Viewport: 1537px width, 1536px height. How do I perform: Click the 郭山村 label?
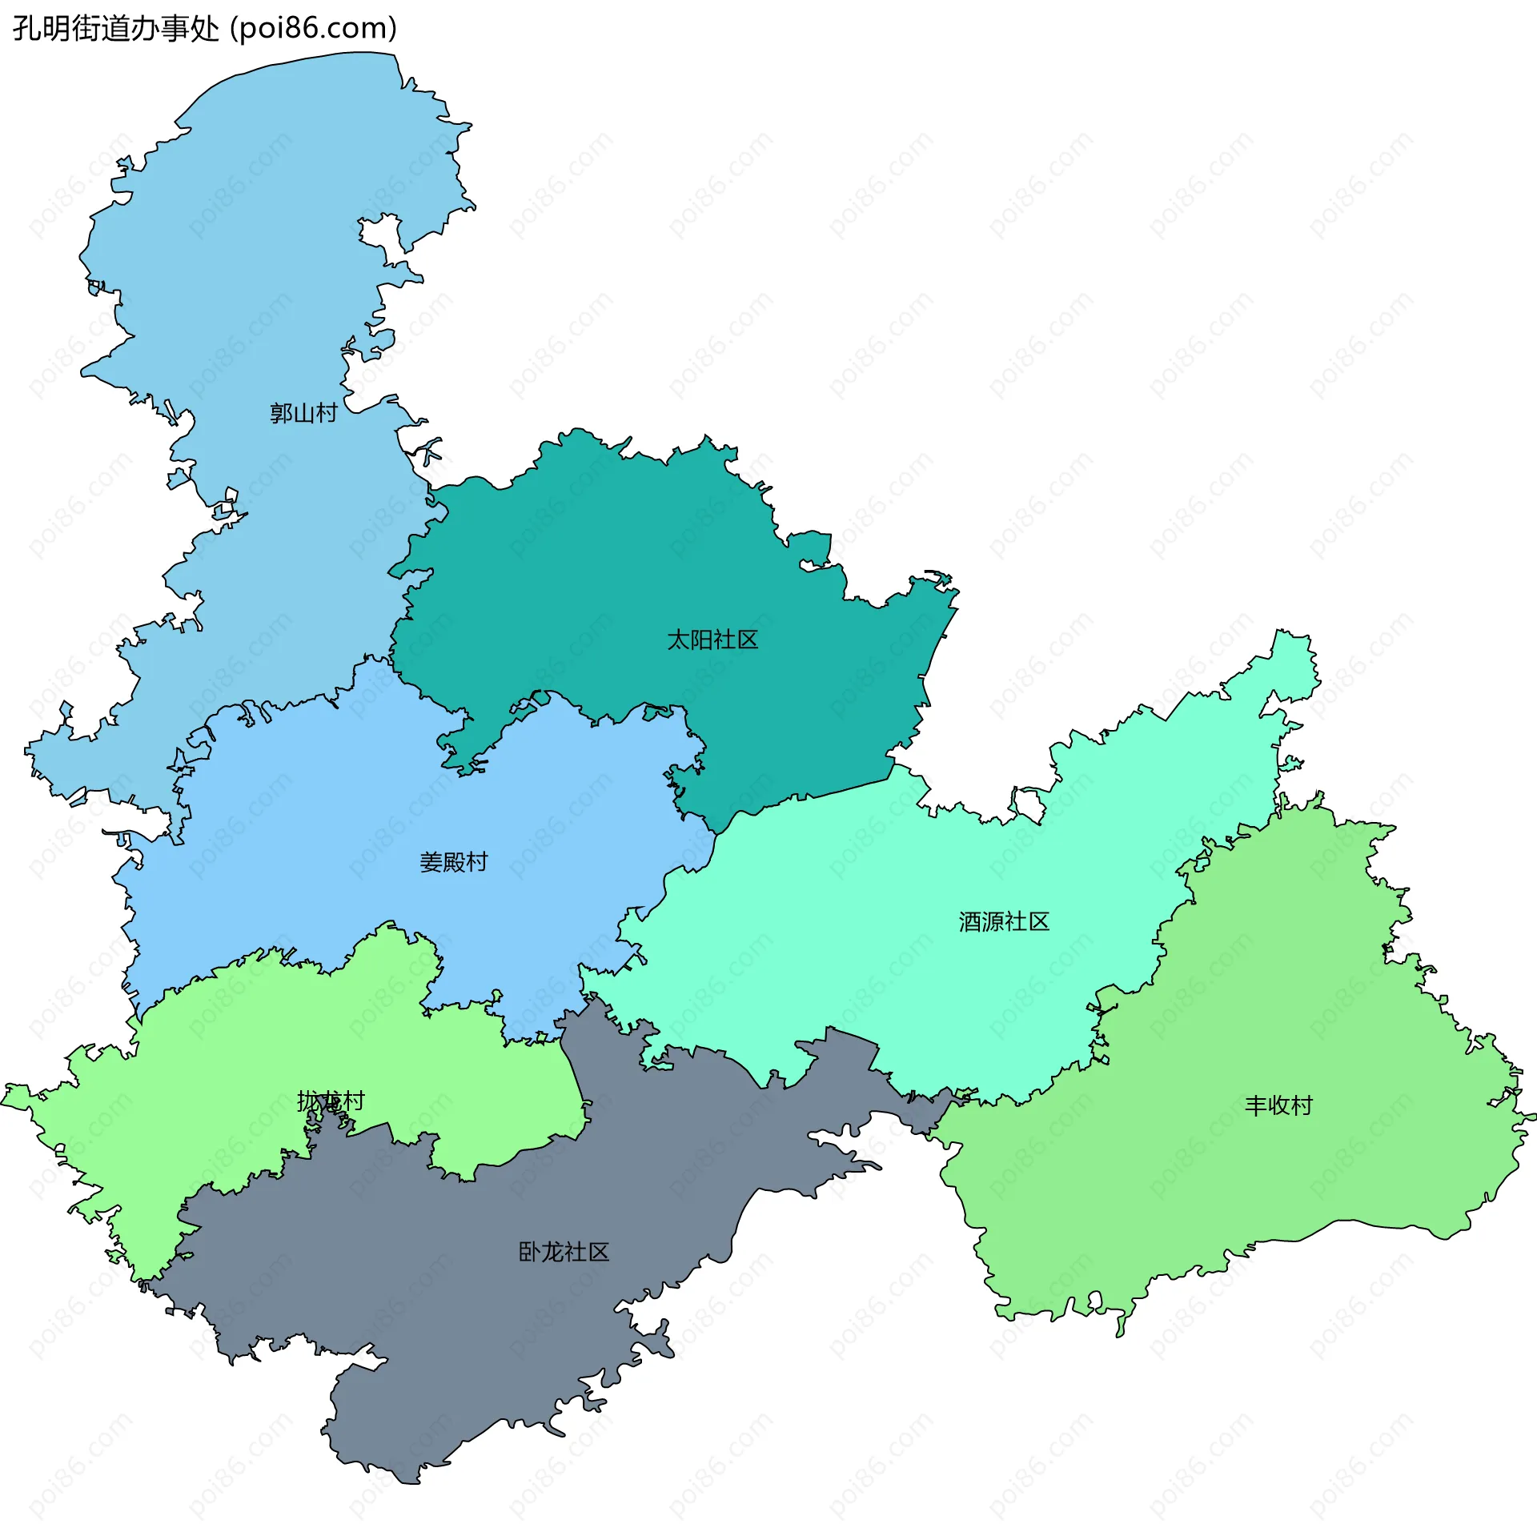point(303,413)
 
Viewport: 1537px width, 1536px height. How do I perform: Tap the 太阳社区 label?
point(712,640)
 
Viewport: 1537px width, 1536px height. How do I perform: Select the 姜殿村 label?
point(453,862)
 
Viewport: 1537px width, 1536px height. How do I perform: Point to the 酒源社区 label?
point(1004,922)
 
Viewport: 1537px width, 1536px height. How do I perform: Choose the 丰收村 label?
point(1278,1105)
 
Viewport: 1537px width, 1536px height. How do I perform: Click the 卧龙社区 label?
point(564,1252)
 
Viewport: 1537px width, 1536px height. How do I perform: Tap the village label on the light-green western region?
point(331,1101)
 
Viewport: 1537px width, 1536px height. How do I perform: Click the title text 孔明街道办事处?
point(116,29)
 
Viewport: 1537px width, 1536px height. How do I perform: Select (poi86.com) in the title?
point(314,29)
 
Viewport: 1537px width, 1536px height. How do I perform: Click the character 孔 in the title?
point(26,29)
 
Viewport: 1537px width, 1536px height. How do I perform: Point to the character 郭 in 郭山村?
point(281,413)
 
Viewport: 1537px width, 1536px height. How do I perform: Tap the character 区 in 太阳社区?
point(747,640)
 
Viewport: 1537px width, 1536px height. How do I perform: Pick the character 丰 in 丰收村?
point(1256,1105)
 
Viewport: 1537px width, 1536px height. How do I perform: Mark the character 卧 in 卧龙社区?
point(530,1252)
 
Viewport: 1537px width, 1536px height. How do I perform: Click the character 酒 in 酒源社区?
point(970,922)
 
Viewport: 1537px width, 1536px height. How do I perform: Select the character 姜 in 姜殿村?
point(431,862)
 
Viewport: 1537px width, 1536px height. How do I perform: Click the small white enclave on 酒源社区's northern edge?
point(1029,804)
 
